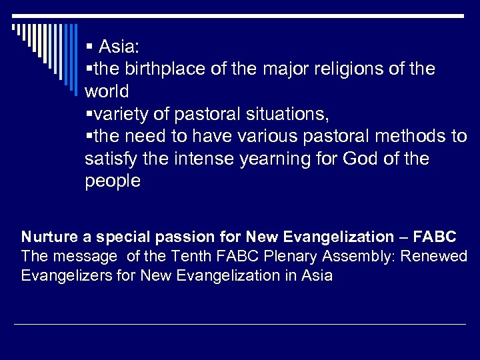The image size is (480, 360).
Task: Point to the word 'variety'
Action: click(x=119, y=115)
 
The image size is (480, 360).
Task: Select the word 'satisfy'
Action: click(x=109, y=160)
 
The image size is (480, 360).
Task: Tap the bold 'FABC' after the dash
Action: click(x=434, y=237)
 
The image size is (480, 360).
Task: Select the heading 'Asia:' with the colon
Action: click(x=119, y=47)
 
